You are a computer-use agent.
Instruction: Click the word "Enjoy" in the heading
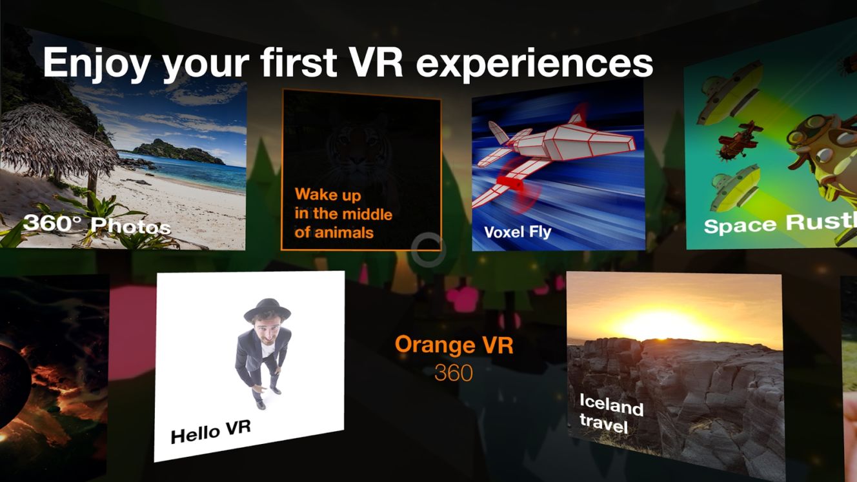coord(96,63)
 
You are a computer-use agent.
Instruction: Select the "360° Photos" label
coord(97,225)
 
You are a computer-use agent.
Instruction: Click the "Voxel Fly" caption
coord(518,232)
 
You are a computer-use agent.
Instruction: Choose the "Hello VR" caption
coord(210,432)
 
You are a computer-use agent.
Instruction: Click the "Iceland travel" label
coord(610,414)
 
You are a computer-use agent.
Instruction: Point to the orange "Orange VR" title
coord(454,345)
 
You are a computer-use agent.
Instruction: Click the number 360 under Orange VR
coord(454,373)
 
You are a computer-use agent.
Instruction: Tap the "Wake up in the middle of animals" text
coord(343,213)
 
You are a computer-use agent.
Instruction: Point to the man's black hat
coord(267,310)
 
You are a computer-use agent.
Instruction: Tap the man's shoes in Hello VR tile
coord(267,398)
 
